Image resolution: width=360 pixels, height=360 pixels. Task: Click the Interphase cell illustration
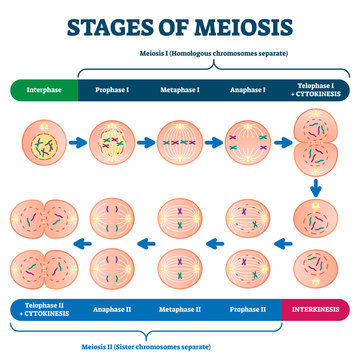42,143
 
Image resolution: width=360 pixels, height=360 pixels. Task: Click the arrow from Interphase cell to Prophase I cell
76,143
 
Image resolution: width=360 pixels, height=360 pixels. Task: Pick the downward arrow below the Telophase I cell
316,187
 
